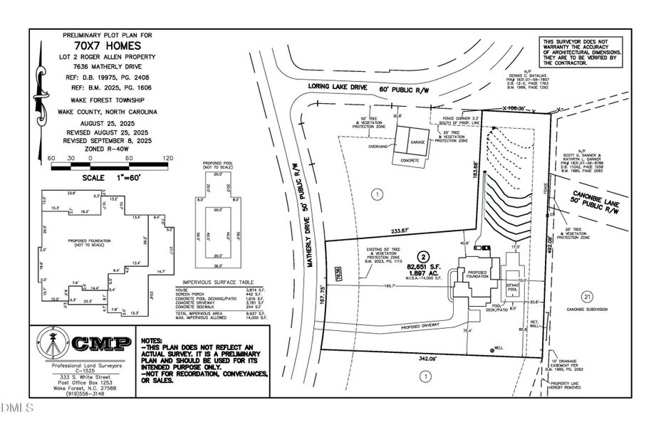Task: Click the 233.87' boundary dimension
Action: (x=400, y=231)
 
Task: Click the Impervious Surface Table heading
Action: (x=217, y=282)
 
